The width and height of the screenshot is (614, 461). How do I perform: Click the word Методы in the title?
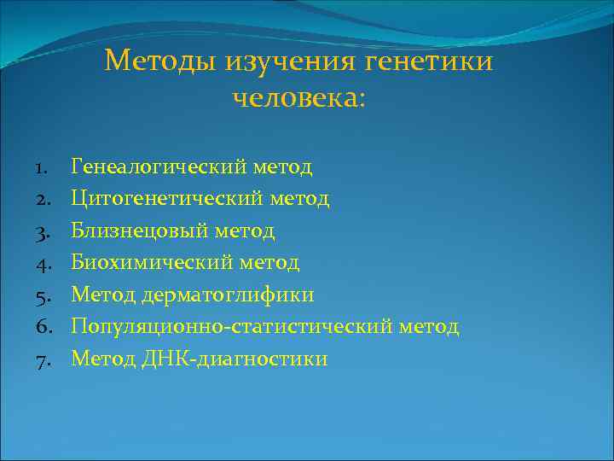click(160, 62)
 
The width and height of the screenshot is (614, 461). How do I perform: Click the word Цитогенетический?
click(165, 199)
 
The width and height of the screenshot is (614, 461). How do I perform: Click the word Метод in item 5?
click(97, 295)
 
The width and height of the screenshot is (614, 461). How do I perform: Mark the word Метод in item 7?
click(97, 359)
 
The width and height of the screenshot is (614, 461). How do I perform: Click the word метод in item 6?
click(429, 327)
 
